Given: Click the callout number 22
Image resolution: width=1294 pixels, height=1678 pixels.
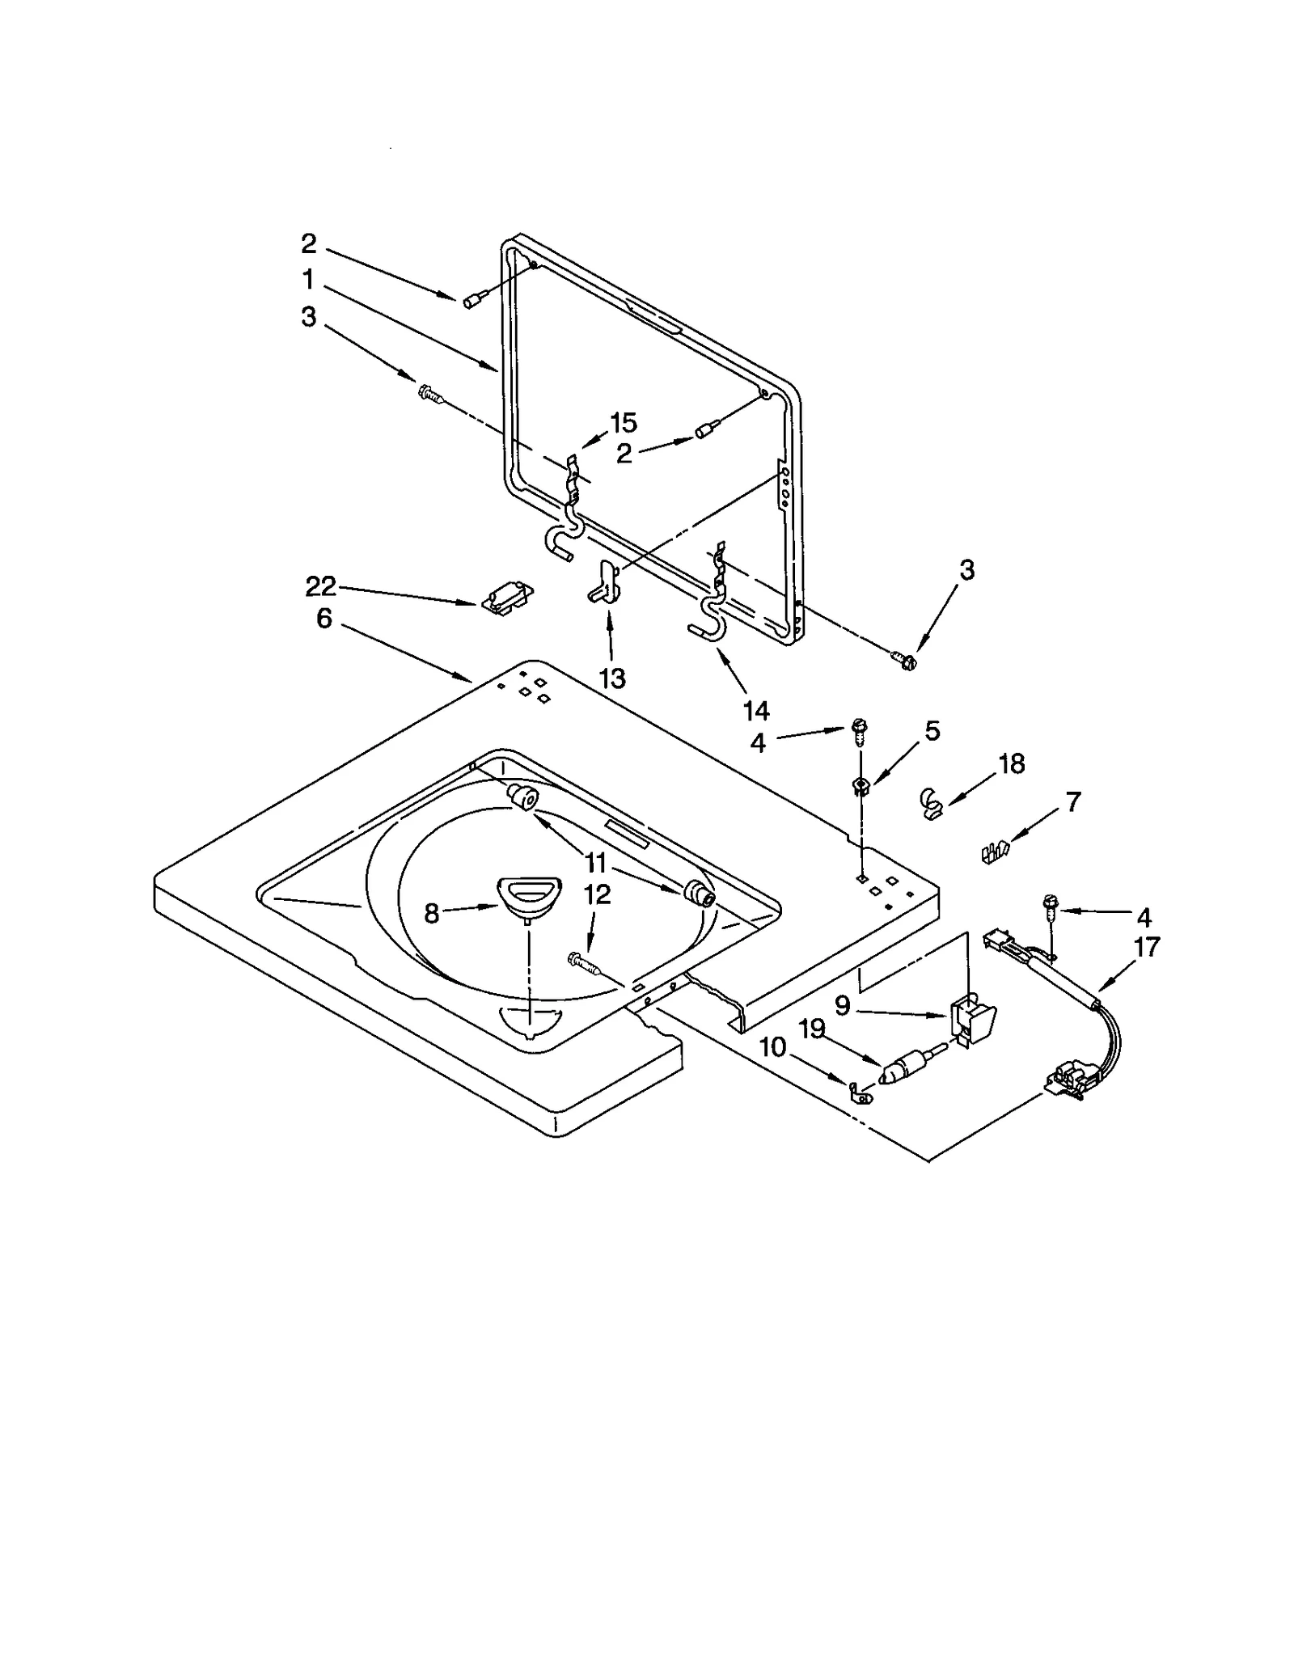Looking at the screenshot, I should pyautogui.click(x=320, y=586).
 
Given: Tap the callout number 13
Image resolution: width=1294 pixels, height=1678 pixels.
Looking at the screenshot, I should pyautogui.click(x=612, y=678).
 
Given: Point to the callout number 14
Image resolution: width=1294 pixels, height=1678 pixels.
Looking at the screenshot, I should pyautogui.click(x=756, y=711).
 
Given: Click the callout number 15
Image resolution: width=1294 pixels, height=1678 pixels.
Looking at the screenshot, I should pyautogui.click(x=623, y=422).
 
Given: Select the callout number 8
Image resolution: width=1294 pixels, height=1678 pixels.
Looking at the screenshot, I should pyautogui.click(x=431, y=914).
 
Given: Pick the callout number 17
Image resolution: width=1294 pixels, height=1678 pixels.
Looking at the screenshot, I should pyautogui.click(x=1147, y=946).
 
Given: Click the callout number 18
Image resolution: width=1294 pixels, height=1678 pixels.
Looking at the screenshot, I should pyautogui.click(x=1012, y=763).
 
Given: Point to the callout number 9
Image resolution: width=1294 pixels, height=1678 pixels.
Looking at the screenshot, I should pyautogui.click(x=842, y=1005).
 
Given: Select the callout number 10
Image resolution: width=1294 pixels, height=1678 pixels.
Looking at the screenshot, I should pyautogui.click(x=773, y=1047).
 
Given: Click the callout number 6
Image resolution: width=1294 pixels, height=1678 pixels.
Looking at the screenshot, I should pyautogui.click(x=323, y=619).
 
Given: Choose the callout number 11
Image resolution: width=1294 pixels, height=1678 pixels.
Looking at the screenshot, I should pyautogui.click(x=595, y=863).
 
